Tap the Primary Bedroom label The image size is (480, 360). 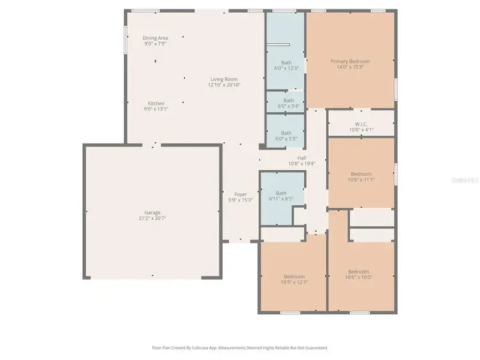point(350,61)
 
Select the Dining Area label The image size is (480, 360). point(155,38)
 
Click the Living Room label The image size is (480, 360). point(223,79)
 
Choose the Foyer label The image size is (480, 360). point(241,194)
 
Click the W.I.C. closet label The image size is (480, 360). point(361,124)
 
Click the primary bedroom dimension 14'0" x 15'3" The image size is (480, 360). point(350,67)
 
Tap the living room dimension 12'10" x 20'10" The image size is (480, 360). point(223,85)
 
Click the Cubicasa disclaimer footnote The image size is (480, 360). point(240,347)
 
